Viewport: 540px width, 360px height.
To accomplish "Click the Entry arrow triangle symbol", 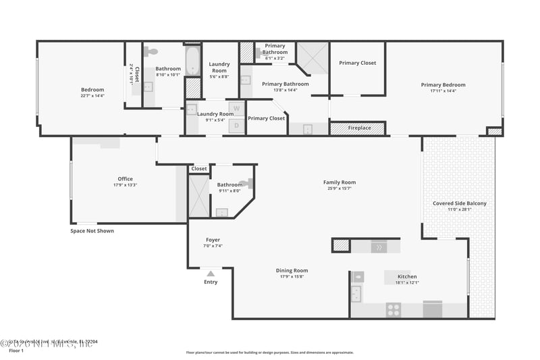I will [211, 274].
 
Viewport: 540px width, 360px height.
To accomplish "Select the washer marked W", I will [236, 108].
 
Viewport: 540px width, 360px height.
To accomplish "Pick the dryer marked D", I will [236, 124].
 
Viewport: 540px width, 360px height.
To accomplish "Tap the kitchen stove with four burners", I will [394, 310].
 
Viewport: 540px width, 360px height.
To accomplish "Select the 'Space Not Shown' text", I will [92, 231].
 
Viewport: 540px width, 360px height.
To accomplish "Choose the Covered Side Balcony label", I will [459, 203].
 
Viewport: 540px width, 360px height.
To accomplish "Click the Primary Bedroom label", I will [443, 85].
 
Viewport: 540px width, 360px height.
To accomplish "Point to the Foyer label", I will [213, 240].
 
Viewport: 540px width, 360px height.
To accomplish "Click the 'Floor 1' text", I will [16, 351].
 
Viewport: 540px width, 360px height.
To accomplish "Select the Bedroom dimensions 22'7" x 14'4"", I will [92, 96].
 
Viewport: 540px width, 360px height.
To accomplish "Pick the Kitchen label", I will [407, 276].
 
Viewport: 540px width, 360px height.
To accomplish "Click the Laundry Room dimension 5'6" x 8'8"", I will [219, 76].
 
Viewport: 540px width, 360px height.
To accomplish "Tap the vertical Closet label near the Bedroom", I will [136, 74].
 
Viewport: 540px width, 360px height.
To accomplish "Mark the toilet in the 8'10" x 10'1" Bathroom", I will [152, 51].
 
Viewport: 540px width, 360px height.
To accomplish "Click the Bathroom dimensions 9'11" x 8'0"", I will [230, 190].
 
